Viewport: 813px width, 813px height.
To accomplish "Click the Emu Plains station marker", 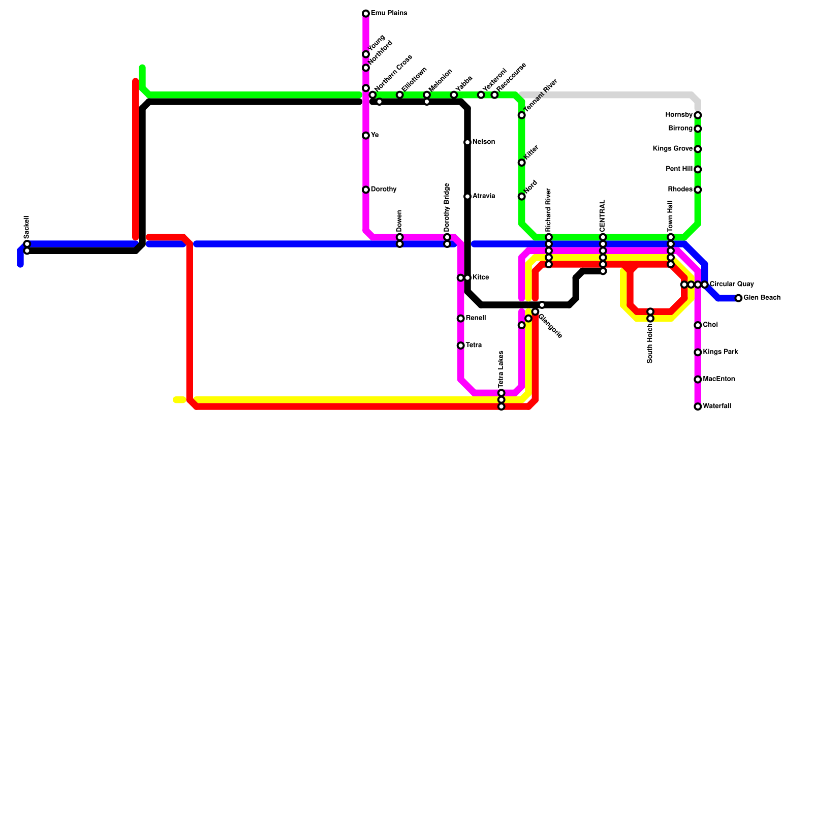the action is point(366,13).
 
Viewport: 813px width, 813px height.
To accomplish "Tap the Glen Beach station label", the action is point(762,298).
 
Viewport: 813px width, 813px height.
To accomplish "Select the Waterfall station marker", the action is point(698,407).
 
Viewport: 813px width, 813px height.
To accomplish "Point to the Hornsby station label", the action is point(679,115).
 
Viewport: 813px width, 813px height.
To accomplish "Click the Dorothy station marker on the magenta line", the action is point(366,190).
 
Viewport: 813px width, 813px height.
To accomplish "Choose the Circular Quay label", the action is point(731,284).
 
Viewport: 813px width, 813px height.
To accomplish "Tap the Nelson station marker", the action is point(467,142).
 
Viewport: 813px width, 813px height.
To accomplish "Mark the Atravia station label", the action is point(483,196).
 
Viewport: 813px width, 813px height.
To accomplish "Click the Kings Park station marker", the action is point(698,352).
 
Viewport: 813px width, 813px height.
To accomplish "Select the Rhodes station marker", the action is point(698,190).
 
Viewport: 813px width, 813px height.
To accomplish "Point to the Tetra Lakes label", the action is point(501,369).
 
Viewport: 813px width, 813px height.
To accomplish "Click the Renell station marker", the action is point(460,318).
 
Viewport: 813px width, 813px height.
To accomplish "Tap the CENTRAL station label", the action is point(603,216).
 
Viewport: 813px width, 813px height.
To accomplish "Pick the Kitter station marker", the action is point(521,163).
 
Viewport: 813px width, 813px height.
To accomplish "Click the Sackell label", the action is point(27,227).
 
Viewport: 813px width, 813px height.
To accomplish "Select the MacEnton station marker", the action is point(698,379).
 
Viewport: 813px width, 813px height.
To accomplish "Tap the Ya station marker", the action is point(366,135).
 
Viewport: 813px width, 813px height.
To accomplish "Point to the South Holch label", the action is point(650,344).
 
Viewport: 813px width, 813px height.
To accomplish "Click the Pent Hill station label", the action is point(679,169).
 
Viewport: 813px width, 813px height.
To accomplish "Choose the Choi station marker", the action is point(698,325).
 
